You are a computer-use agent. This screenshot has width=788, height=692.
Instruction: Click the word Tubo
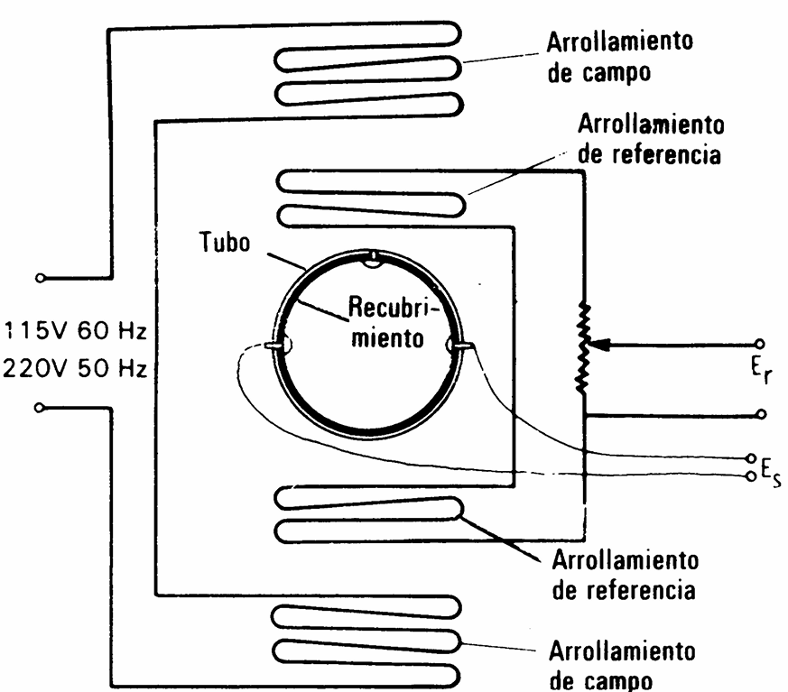click(225, 242)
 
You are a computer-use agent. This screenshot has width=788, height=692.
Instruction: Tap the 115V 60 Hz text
click(76, 331)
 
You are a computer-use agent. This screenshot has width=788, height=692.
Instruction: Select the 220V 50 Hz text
click(75, 369)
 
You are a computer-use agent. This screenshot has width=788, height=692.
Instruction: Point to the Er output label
click(761, 371)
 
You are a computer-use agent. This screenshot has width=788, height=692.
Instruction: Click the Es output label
click(771, 473)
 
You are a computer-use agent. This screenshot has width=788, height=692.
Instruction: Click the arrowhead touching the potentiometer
click(599, 345)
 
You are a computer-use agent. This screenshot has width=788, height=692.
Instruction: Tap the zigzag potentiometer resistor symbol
click(583, 347)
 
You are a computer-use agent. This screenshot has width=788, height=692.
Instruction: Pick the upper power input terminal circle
click(41, 278)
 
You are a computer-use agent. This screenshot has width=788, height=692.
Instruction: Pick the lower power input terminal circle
click(39, 408)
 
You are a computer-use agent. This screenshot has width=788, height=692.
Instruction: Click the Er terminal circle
click(759, 344)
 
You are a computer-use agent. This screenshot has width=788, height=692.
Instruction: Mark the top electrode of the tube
click(373, 259)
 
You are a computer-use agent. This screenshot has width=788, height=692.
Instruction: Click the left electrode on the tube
click(278, 345)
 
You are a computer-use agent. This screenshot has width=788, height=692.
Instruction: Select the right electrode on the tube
click(459, 345)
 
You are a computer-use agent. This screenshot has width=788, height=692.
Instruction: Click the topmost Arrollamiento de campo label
click(619, 57)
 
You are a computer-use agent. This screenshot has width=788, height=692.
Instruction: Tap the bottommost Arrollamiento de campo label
click(623, 664)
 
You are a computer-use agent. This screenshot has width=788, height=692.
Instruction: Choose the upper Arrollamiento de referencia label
click(651, 139)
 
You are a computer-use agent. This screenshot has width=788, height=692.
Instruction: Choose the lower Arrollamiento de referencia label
click(625, 575)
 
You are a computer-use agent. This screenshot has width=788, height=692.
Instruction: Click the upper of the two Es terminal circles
click(751, 458)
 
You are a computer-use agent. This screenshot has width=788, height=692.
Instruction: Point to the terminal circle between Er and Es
click(761, 414)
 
